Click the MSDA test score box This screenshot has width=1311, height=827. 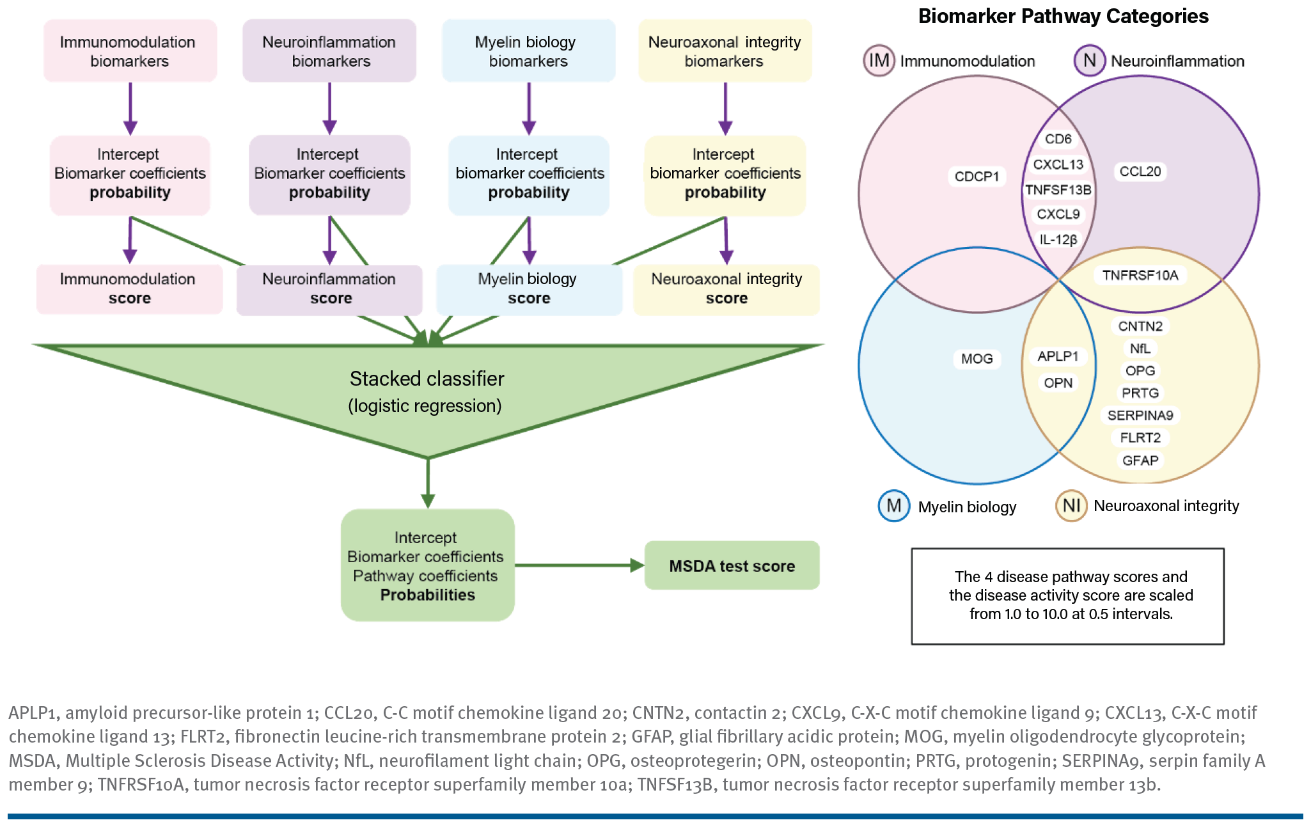pos(732,565)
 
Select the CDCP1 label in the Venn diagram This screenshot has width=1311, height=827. pos(977,177)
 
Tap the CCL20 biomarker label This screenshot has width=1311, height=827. pos(1140,171)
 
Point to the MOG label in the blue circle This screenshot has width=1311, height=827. pos(977,359)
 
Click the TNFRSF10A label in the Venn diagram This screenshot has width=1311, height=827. pos(1140,275)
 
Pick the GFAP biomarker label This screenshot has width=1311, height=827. pos(1140,461)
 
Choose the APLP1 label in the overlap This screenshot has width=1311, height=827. pos(1058,356)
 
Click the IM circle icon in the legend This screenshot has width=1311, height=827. pos(879,61)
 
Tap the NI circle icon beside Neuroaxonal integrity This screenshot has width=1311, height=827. pos(1071,506)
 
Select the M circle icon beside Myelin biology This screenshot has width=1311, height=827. pos(893,506)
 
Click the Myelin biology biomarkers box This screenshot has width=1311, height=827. pos(528,51)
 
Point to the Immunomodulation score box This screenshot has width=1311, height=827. pos(129,289)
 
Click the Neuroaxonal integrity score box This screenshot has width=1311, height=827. pos(726,289)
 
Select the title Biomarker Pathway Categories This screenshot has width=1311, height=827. pos(1063,16)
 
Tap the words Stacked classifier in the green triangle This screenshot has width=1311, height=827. pos(427,379)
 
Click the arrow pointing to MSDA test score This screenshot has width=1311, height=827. pos(579,565)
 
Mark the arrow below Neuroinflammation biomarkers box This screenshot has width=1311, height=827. pos(329,108)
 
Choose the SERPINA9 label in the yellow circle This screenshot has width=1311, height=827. pos(1140,416)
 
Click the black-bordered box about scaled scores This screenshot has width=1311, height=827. pos(1067,596)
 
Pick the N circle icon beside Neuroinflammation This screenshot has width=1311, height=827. pos(1089,61)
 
